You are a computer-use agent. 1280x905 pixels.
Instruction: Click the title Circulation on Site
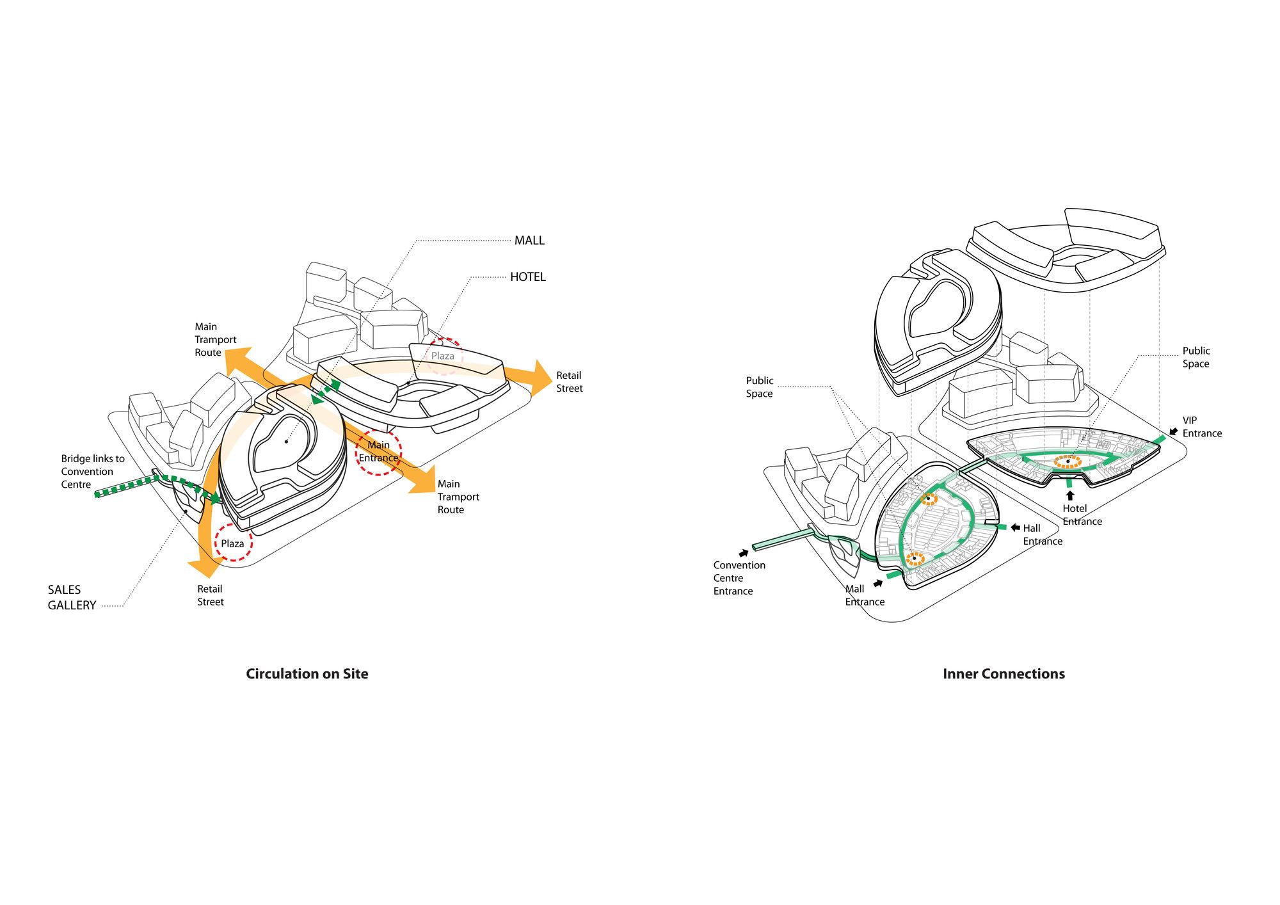307,674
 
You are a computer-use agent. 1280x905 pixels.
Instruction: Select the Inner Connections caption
1004,674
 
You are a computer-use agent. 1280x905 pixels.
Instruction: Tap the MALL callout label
529,241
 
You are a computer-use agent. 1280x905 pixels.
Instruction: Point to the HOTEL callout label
527,277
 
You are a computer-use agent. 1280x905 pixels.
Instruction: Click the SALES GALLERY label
71,597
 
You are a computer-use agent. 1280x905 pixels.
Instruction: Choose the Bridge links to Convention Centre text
92,472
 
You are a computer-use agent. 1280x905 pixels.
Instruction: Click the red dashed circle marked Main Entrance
378,451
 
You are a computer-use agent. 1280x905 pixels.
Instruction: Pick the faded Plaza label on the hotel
442,356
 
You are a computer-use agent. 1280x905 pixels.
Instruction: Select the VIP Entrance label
1201,427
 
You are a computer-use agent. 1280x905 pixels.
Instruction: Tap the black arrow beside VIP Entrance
1173,432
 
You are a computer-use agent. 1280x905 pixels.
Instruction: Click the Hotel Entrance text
1082,515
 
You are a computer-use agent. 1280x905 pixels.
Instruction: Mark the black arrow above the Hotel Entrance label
1069,495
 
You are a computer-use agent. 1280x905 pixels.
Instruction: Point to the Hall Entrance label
1042,534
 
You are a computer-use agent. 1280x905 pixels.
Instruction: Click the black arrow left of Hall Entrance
1015,528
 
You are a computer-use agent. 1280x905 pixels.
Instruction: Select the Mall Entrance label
864,595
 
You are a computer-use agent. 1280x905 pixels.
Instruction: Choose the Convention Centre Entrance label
739,578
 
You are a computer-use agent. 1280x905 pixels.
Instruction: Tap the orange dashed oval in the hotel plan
1068,461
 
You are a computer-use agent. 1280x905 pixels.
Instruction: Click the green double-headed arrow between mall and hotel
326,392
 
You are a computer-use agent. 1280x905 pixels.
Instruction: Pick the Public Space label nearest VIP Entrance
1196,357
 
